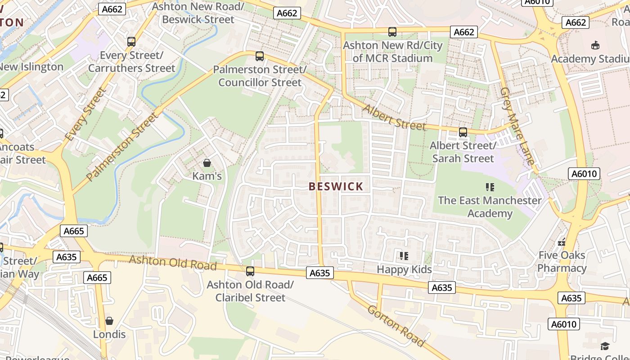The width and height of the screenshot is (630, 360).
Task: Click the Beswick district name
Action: point(336,187)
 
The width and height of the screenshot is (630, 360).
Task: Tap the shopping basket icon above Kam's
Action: point(207,162)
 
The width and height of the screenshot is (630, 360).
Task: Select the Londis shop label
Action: point(109,334)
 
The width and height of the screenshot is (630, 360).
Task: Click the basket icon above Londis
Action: point(109,321)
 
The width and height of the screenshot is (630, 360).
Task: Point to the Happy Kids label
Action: point(404,270)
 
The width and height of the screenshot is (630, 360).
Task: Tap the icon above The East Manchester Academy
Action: point(490,187)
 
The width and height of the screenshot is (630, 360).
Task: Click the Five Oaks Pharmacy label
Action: point(562,262)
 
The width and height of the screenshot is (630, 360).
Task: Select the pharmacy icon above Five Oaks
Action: point(562,242)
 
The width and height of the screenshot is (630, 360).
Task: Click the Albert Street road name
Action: point(394,118)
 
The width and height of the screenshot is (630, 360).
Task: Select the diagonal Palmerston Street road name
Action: point(122,147)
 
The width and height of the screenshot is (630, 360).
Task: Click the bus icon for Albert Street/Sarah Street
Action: point(463,132)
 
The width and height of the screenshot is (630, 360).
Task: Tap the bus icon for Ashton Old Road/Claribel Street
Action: point(250,271)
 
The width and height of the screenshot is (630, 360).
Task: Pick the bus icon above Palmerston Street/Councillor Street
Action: point(260,56)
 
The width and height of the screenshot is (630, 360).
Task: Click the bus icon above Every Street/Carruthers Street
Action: point(131,42)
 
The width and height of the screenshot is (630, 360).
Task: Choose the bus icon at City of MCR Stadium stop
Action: point(392,32)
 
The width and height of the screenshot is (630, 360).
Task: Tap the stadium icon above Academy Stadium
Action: point(595,45)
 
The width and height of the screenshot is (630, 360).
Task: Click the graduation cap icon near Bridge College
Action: point(605,346)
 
